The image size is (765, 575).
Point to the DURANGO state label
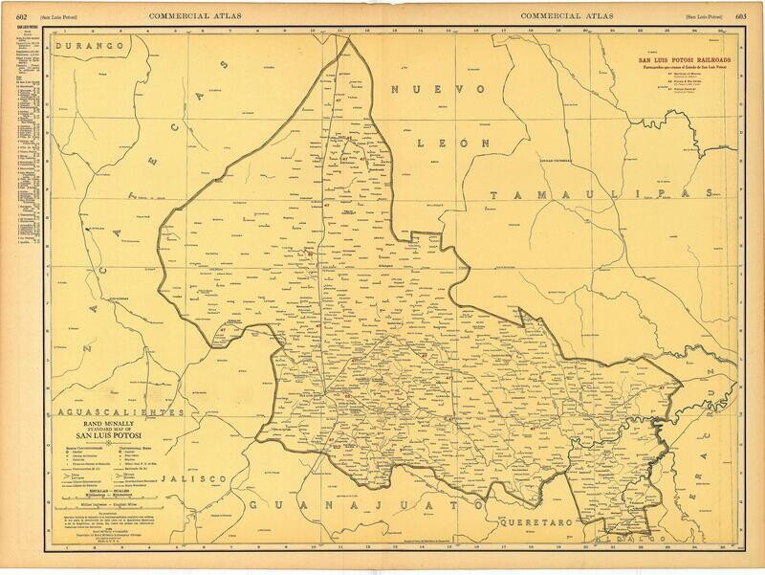[x=91, y=46]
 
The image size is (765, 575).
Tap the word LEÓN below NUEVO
[x=452, y=140]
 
